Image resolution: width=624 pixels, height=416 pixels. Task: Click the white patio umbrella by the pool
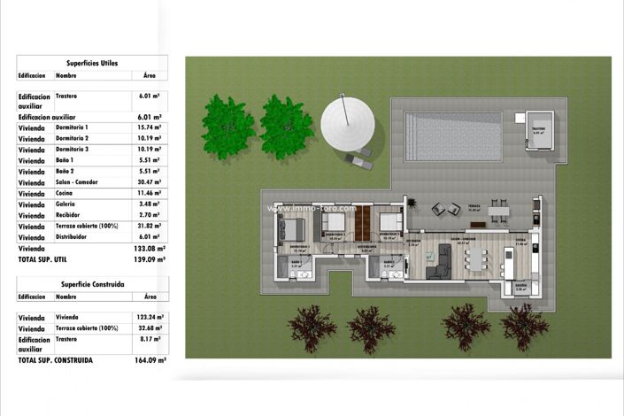tap(348, 123)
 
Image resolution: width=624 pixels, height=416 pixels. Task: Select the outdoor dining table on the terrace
tap(500, 209)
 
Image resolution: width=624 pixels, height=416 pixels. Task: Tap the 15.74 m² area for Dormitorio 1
tap(150, 127)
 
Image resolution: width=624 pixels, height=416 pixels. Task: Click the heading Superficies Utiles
tap(92, 63)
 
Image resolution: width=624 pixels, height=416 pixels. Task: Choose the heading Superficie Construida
tap(93, 284)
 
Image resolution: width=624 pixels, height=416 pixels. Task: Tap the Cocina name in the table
tap(65, 192)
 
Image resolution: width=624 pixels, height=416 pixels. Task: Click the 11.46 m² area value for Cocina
tap(150, 192)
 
